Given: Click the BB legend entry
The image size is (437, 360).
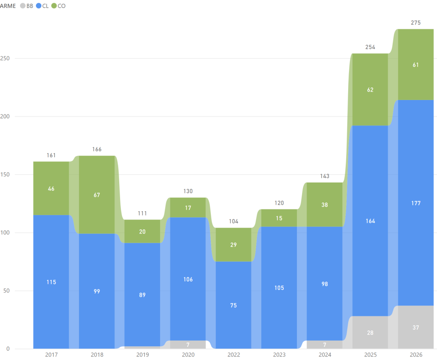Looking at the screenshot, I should pyautogui.click(x=27, y=6).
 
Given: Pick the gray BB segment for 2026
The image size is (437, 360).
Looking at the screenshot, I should pyautogui.click(x=416, y=327).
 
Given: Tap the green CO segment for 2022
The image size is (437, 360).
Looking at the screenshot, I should pyautogui.click(x=234, y=245).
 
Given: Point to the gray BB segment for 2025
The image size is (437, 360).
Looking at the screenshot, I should pyautogui.click(x=370, y=332).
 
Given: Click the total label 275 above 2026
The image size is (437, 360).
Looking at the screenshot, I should pyautogui.click(x=416, y=23).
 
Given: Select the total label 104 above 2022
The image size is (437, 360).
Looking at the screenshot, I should pyautogui.click(x=234, y=221).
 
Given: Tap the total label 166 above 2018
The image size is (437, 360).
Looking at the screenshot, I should pyautogui.click(x=97, y=150).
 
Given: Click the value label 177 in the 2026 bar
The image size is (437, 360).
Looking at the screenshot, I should pyautogui.click(x=416, y=203).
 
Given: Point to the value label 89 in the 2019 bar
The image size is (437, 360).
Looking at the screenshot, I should pyautogui.click(x=142, y=295).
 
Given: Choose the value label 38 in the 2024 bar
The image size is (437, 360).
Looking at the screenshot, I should pyautogui.click(x=325, y=204).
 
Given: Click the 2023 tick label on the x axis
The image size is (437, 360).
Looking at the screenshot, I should pyautogui.click(x=279, y=355).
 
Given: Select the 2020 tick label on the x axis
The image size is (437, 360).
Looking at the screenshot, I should pyautogui.click(x=188, y=355).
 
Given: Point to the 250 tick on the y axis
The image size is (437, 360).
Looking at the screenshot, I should pyautogui.click(x=7, y=58).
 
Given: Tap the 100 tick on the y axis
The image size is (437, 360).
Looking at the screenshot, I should pyautogui.click(x=7, y=233).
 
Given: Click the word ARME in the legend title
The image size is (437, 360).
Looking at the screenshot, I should pyautogui.click(x=8, y=6).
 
